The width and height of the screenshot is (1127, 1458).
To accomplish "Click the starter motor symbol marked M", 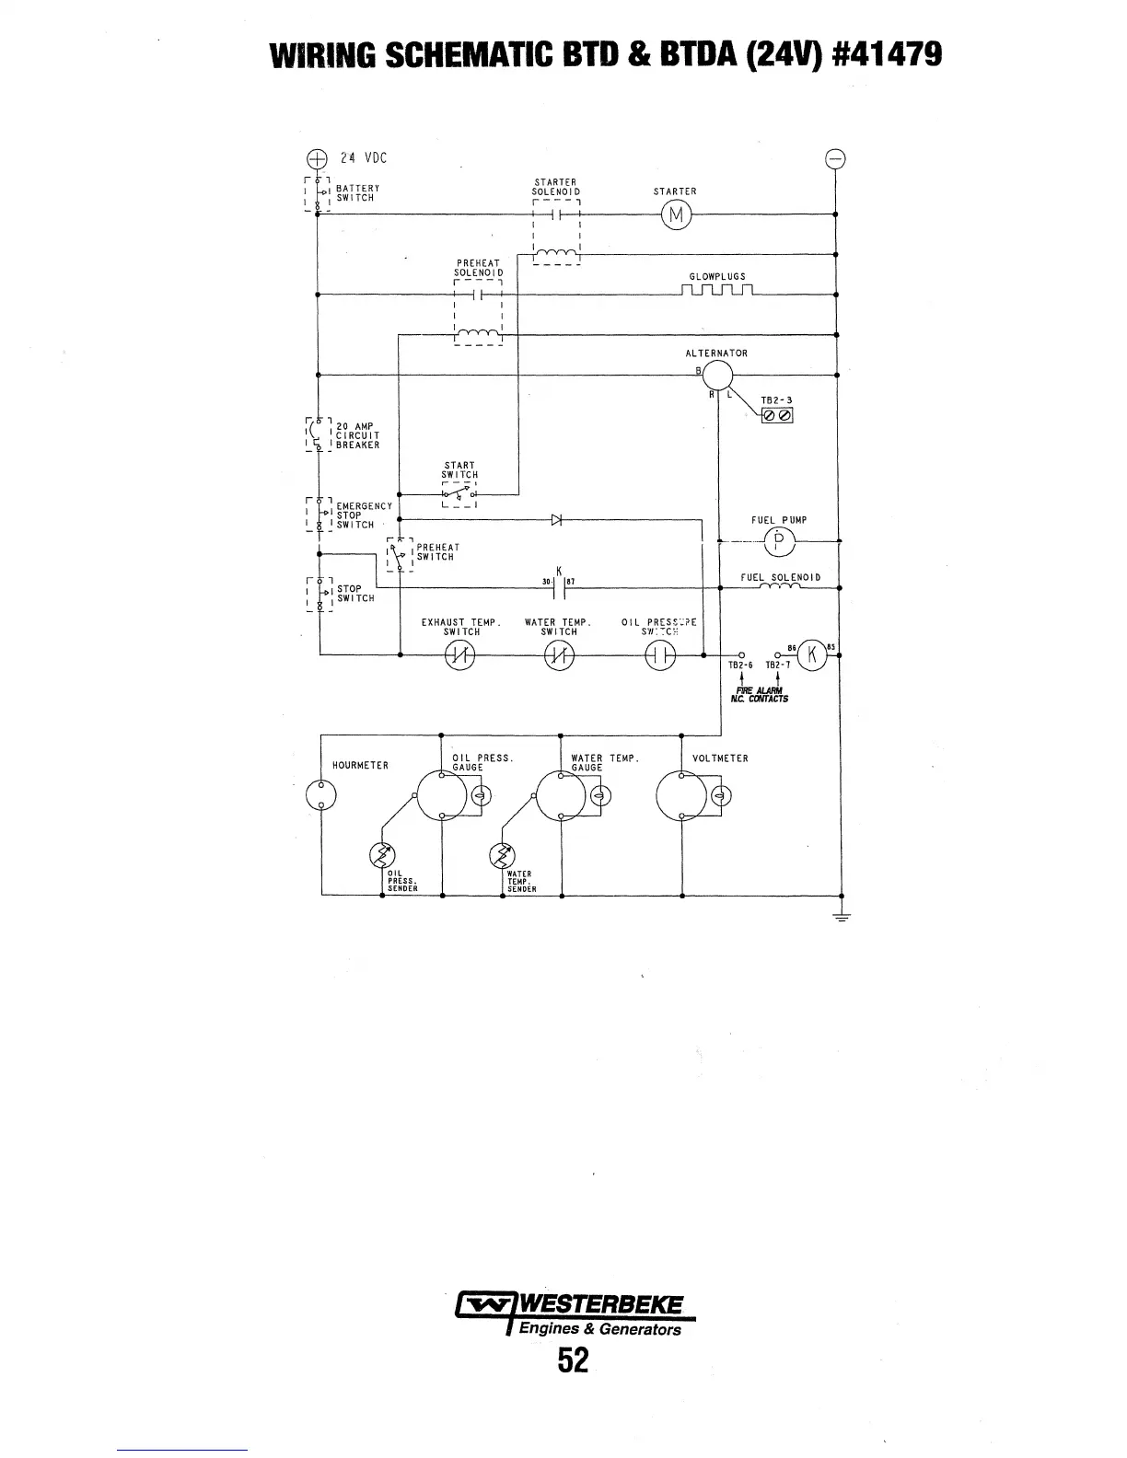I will tap(676, 215).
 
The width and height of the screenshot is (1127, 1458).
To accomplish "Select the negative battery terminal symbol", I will tap(835, 157).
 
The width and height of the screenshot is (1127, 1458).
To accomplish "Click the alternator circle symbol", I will tap(717, 375).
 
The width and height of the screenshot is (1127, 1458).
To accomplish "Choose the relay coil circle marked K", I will tap(812, 654).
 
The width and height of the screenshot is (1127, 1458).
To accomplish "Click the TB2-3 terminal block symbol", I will tap(777, 415).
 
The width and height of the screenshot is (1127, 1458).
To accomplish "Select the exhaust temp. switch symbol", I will tap(459, 655).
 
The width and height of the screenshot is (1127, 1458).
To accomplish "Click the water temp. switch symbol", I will tap(559, 655).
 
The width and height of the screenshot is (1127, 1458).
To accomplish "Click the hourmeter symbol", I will tap(320, 794).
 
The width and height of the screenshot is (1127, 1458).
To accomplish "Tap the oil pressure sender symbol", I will tap(382, 855).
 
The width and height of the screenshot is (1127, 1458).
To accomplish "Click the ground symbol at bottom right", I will tap(842, 916).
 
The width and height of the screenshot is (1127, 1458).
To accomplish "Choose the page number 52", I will tap(572, 1360).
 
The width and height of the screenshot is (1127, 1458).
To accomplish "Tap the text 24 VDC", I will tap(362, 158).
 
